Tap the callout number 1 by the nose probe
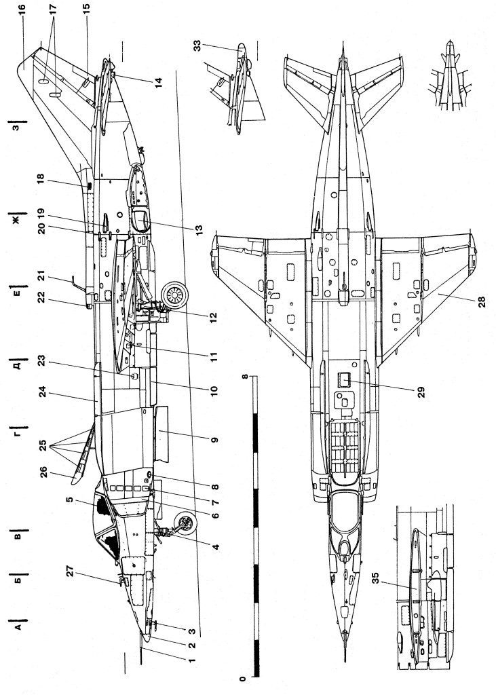191,659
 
